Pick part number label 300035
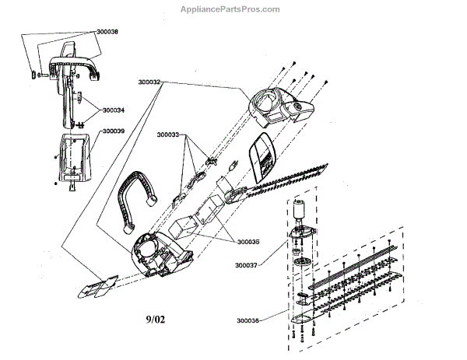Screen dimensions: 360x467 [x=248, y=241]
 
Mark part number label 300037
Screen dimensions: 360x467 [x=247, y=264]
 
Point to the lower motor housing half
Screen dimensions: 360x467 [x=160, y=252]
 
